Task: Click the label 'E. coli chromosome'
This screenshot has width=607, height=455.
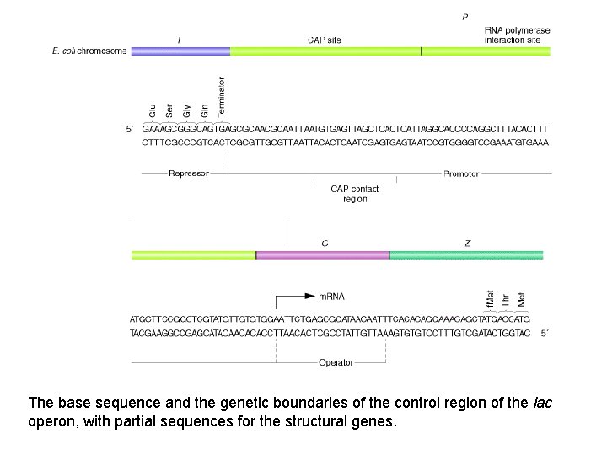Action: click(x=89, y=51)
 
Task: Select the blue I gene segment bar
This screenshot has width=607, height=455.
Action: click(x=180, y=51)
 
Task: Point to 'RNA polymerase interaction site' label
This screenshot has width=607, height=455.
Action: click(x=517, y=35)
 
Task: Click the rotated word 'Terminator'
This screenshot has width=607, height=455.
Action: click(x=222, y=97)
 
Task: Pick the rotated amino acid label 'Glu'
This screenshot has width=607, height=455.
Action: click(x=153, y=110)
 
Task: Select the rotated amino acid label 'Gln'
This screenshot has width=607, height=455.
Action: click(x=205, y=110)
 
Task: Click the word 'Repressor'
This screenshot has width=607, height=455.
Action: click(x=189, y=174)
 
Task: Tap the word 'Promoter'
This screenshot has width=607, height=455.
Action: click(x=461, y=174)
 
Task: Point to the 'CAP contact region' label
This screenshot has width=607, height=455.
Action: click(x=355, y=194)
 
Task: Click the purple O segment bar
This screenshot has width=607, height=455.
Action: click(x=322, y=254)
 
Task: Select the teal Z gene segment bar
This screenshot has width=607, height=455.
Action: click(x=470, y=254)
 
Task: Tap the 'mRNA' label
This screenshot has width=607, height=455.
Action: click(x=331, y=297)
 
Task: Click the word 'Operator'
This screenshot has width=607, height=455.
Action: click(x=336, y=363)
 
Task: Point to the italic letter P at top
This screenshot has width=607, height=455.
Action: click(x=466, y=16)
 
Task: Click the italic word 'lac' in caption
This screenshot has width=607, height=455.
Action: click(x=543, y=403)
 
